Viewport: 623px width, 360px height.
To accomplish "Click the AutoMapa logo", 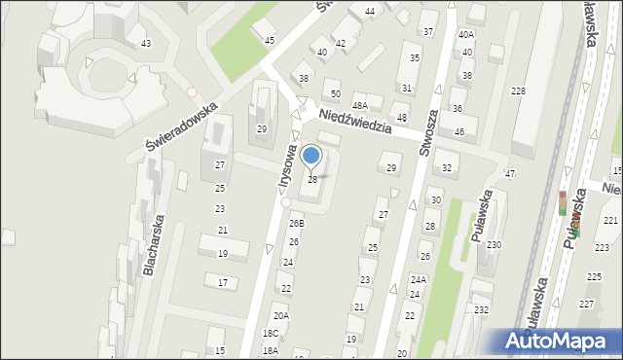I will point(560,342).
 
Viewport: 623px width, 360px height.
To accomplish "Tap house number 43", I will point(145,44).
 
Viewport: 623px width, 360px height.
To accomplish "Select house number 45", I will point(270,40).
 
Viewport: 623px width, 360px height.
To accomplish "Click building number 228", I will point(519,90).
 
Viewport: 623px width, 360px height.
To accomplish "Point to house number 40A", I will point(466,34).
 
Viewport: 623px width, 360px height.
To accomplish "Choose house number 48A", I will point(359,105).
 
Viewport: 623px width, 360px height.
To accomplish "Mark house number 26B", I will point(296,223).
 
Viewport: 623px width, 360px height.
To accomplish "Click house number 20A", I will point(280,316).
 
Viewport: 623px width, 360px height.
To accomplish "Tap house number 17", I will point(222,283).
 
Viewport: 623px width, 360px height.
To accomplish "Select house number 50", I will point(335,93).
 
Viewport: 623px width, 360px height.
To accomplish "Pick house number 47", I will point(509,174).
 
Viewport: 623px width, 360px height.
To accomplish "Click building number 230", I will point(494,245).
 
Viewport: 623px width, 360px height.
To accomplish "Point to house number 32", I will point(446,168).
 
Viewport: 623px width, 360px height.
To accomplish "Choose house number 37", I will point(428,30).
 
